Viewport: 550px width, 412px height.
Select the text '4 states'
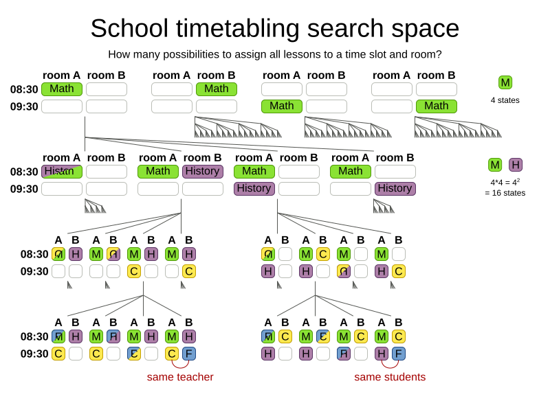coord(505,100)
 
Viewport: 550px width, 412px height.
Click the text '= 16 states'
coord(505,193)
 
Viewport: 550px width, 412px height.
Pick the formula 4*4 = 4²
coord(505,183)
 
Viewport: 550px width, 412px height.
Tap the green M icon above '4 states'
coord(505,82)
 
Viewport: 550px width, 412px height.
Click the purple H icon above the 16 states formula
coord(516,165)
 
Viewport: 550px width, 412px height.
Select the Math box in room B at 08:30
coord(217,89)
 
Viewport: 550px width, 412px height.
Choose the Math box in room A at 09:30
coord(281,106)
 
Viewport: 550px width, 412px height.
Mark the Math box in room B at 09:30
coord(437,106)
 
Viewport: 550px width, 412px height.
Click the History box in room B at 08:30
coord(203,172)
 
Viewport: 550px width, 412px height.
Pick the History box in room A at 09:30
coord(254,189)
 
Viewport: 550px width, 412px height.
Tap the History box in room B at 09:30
coord(395,189)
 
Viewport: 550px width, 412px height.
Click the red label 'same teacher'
coord(180,377)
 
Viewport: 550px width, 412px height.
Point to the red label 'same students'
coord(390,377)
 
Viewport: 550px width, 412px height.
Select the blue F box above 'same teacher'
coord(189,354)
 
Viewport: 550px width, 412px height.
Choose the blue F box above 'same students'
coord(399,354)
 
